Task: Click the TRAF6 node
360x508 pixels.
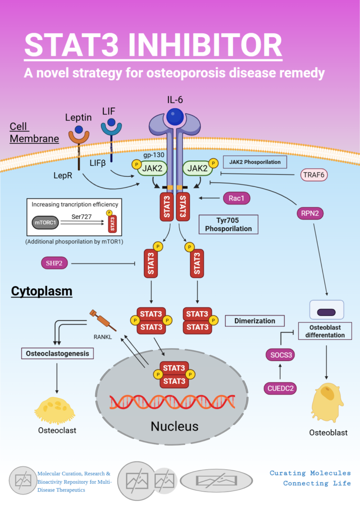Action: tap(316, 175)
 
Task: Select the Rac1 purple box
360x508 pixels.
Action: tap(236, 198)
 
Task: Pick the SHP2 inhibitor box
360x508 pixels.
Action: tap(54, 263)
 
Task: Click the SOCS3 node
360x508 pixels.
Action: tap(281, 354)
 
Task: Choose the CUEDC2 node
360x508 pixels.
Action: tap(280, 387)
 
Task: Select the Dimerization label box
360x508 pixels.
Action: tap(255, 321)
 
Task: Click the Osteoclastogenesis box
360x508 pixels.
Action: tap(58, 353)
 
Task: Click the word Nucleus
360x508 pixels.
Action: tap(174, 426)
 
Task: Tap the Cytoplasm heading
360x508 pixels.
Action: tap(42, 291)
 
